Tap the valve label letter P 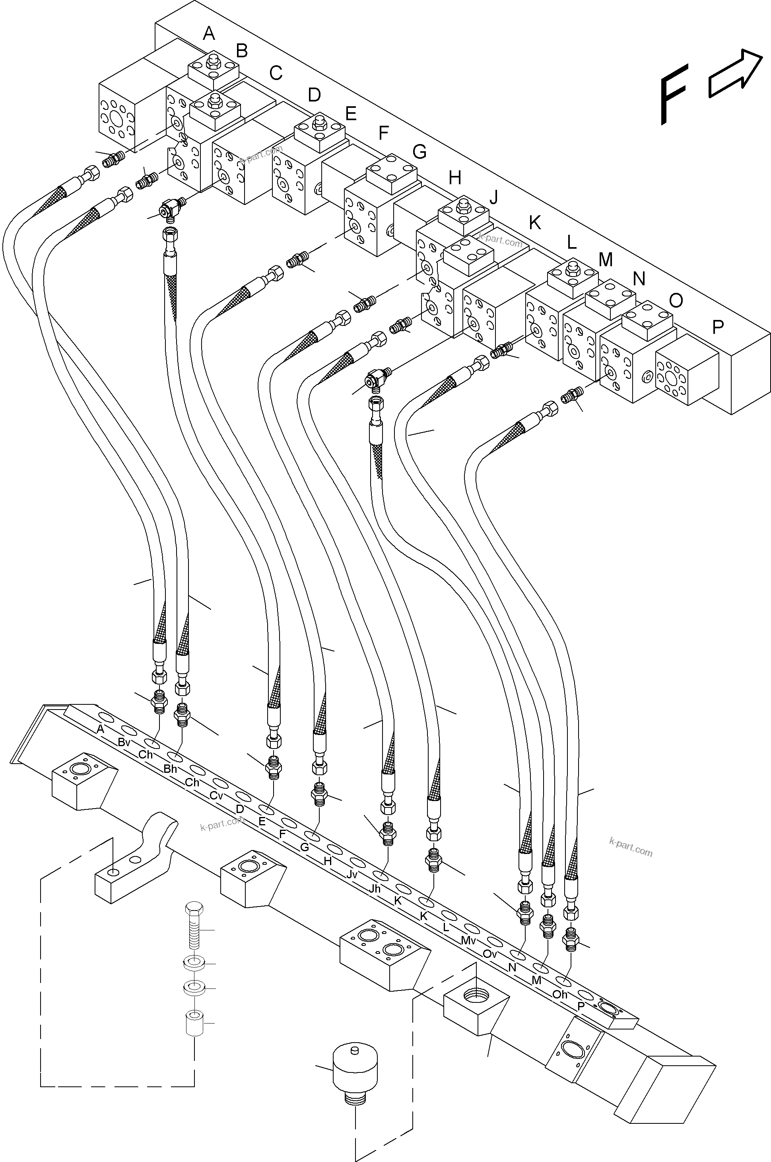pyautogui.click(x=718, y=327)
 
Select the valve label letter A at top pyautogui.click(x=209, y=34)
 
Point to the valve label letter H pyautogui.click(x=455, y=177)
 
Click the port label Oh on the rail pyautogui.click(x=560, y=994)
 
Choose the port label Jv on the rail pyautogui.click(x=352, y=875)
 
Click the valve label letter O pyautogui.click(x=676, y=300)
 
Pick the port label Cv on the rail pyautogui.click(x=216, y=795)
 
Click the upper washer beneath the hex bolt pyautogui.click(x=195, y=963)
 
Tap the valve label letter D pyautogui.click(x=314, y=94)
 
